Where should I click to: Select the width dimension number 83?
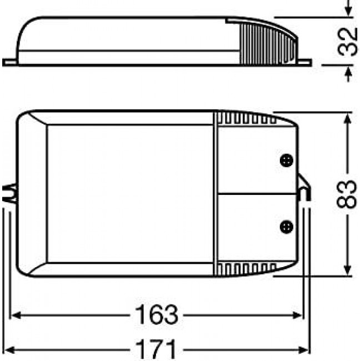click(347, 194)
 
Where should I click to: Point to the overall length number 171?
click(156, 350)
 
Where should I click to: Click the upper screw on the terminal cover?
click(286, 159)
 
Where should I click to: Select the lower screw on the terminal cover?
click(286, 226)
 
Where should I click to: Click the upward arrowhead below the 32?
click(348, 73)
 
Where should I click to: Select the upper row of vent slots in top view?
click(244, 118)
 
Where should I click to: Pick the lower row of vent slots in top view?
click(244, 269)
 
